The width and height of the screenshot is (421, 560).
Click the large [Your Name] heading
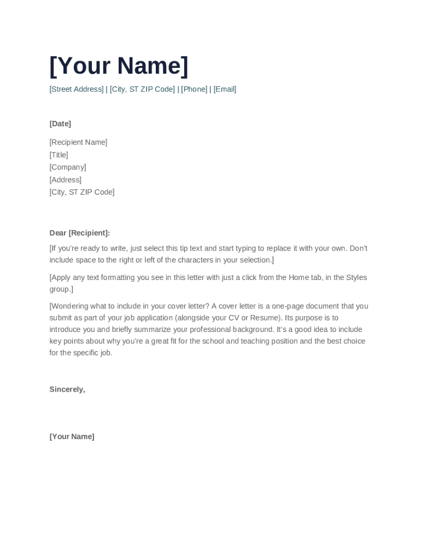point(119,66)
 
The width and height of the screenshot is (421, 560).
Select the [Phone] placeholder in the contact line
point(194,89)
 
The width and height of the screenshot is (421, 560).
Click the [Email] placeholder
point(225,89)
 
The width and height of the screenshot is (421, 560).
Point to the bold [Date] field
point(60,124)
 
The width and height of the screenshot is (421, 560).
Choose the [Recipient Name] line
point(78,142)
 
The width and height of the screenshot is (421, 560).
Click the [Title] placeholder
point(59,155)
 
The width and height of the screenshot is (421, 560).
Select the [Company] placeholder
point(68,167)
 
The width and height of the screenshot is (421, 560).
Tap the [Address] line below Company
point(65,180)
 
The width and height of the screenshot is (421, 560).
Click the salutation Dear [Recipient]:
point(79,233)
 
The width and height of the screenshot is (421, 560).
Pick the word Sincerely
point(67,389)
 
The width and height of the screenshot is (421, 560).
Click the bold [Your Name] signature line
point(72,436)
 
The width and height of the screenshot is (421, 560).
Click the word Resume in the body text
point(264,318)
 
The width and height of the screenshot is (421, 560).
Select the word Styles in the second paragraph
point(356,277)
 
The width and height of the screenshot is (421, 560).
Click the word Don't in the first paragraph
point(358,248)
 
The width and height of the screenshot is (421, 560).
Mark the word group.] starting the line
point(61,289)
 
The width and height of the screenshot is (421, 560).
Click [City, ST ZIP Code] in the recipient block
point(82,192)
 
